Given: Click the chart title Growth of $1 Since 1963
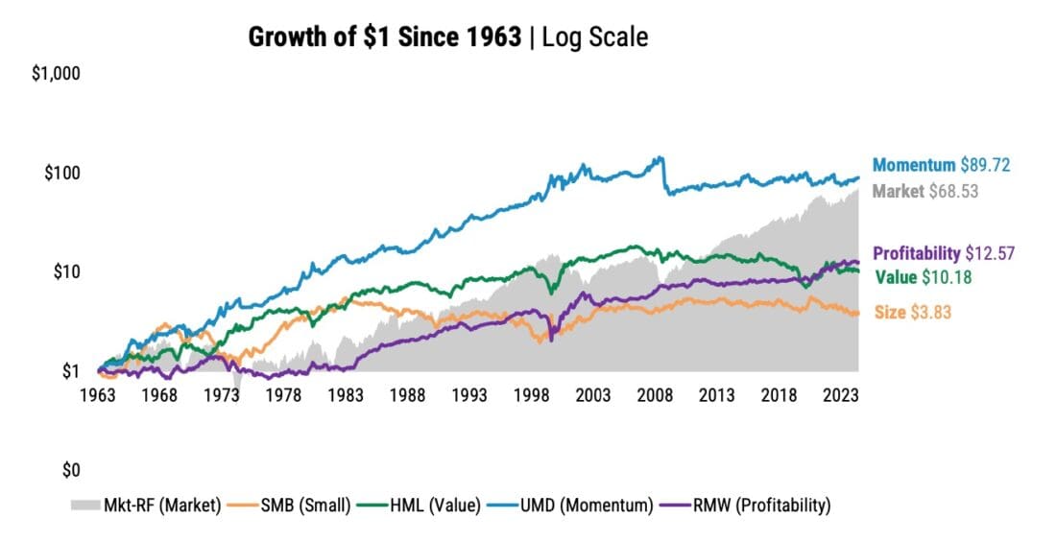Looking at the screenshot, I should tap(385, 37).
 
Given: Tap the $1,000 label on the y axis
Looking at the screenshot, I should tap(54, 73).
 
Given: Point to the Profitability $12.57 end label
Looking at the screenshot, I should tap(944, 253).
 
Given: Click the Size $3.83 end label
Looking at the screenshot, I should tap(912, 312).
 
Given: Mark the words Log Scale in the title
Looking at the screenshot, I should tap(595, 37).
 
